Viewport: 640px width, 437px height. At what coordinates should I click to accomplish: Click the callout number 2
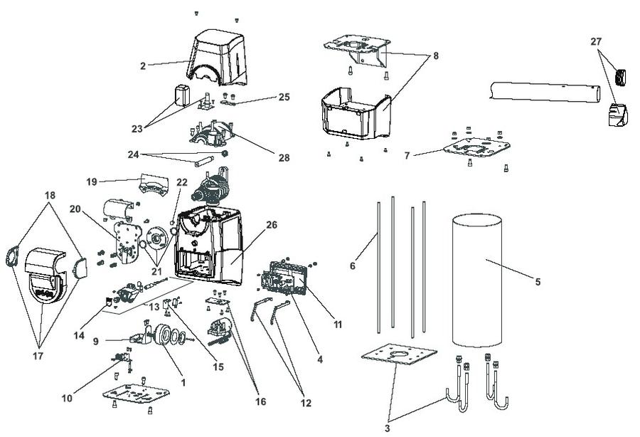pyautogui.click(x=144, y=66)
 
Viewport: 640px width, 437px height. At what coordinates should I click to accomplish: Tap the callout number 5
pyautogui.click(x=538, y=283)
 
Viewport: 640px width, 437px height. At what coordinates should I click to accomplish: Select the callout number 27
pyautogui.click(x=595, y=42)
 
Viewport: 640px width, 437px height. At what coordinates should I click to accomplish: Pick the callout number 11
pyautogui.click(x=337, y=325)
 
